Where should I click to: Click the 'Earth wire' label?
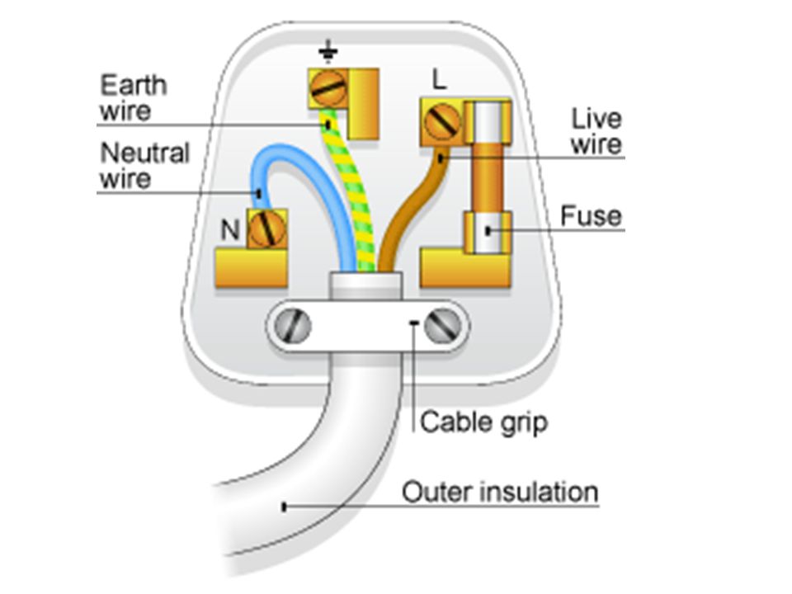pos(134,98)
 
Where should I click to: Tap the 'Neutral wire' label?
pos(145,166)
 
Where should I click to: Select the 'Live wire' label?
pos(596,131)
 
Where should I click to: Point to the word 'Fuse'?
pos(591,216)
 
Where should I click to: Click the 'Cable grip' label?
pos(484,422)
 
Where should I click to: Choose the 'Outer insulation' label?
pos(500,492)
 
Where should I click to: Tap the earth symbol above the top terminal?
pos(328,51)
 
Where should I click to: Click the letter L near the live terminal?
pos(440,80)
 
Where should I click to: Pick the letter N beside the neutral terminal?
pos(230,230)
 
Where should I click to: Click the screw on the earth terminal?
pos(328,89)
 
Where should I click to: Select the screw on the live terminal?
pos(442,122)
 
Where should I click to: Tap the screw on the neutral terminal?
pos(267,229)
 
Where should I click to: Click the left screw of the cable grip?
pos(293,325)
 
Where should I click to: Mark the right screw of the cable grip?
pos(442,325)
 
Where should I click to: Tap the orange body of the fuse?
pos(488,177)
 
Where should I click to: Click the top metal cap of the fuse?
pos(488,122)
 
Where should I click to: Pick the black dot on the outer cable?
pos(284,507)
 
